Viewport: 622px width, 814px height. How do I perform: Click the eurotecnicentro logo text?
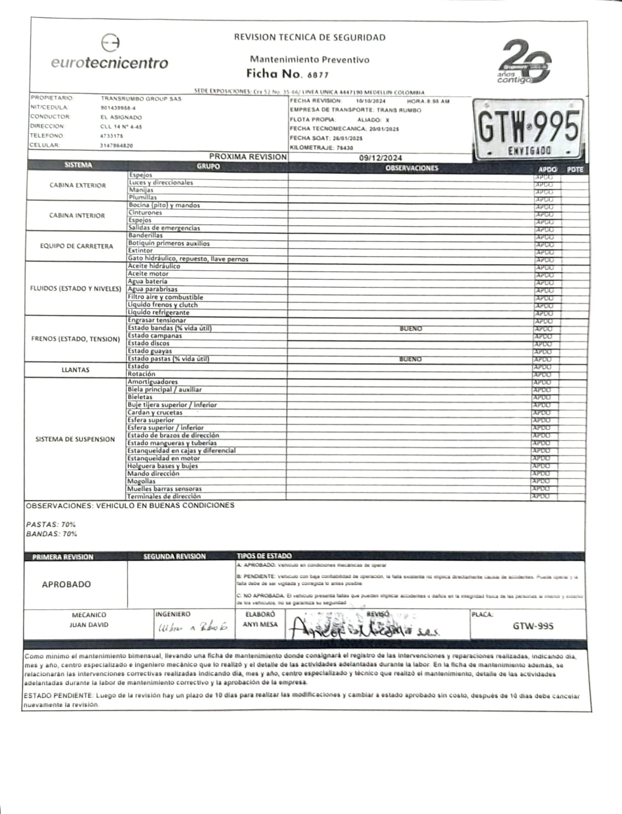[109, 63]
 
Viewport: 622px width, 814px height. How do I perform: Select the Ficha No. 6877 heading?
[288, 74]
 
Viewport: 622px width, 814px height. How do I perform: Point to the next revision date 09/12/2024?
[380, 158]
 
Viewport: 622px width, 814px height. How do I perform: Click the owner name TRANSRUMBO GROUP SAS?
[141, 99]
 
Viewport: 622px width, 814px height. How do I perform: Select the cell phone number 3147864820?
[117, 146]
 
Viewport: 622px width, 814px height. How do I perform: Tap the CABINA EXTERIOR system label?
[77, 186]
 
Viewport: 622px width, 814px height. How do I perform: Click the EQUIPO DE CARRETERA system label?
[77, 246]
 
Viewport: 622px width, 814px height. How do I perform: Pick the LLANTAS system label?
[75, 370]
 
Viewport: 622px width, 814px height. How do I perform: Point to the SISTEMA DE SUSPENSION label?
[75, 439]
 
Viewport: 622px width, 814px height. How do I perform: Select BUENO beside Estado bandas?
[411, 329]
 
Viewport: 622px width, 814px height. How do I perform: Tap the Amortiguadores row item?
[153, 382]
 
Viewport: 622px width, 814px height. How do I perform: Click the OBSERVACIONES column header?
[412, 168]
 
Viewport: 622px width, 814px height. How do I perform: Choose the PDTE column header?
[575, 169]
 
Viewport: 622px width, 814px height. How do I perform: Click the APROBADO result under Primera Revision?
[67, 585]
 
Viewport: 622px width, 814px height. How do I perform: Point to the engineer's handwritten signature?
[193, 629]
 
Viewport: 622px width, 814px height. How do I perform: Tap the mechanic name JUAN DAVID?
[89, 625]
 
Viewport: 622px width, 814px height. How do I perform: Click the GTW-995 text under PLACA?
[532, 626]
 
